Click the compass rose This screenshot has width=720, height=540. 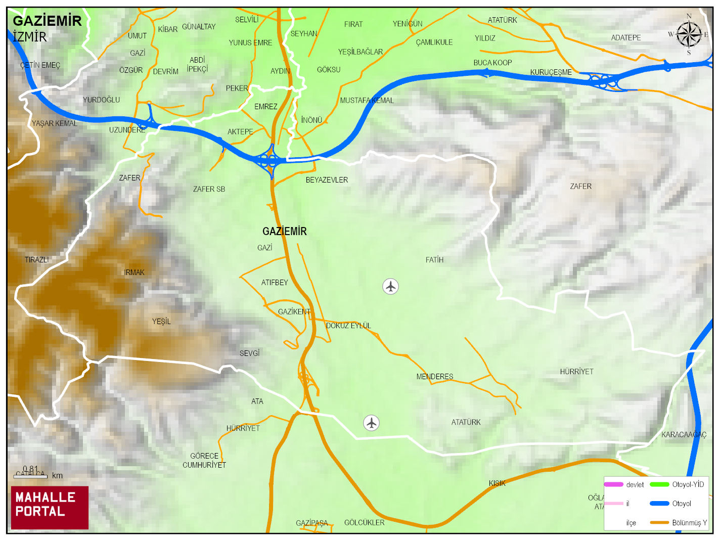(x=689, y=35)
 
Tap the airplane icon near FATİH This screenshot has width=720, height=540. (x=390, y=287)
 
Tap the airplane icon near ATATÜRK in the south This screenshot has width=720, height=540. (x=372, y=423)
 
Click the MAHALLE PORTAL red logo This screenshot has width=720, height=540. (x=50, y=508)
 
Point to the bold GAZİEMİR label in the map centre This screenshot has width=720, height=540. (x=284, y=232)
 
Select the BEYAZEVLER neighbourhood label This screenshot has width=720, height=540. (x=327, y=180)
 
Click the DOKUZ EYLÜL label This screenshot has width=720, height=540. (x=348, y=326)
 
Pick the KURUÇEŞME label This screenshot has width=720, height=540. (x=551, y=72)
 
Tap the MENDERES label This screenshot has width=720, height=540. (x=434, y=377)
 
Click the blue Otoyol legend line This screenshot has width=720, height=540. (x=659, y=504)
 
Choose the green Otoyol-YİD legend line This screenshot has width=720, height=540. (x=659, y=484)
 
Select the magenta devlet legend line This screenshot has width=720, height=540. (x=613, y=484)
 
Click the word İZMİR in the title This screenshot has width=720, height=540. (x=30, y=37)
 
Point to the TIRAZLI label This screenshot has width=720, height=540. (x=36, y=260)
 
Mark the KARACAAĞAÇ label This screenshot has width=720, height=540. (x=684, y=435)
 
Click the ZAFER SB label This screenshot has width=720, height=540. (x=209, y=189)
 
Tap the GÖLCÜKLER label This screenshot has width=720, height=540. (x=364, y=523)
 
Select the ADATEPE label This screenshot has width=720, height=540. (x=625, y=38)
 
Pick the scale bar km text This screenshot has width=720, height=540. (x=57, y=476)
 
